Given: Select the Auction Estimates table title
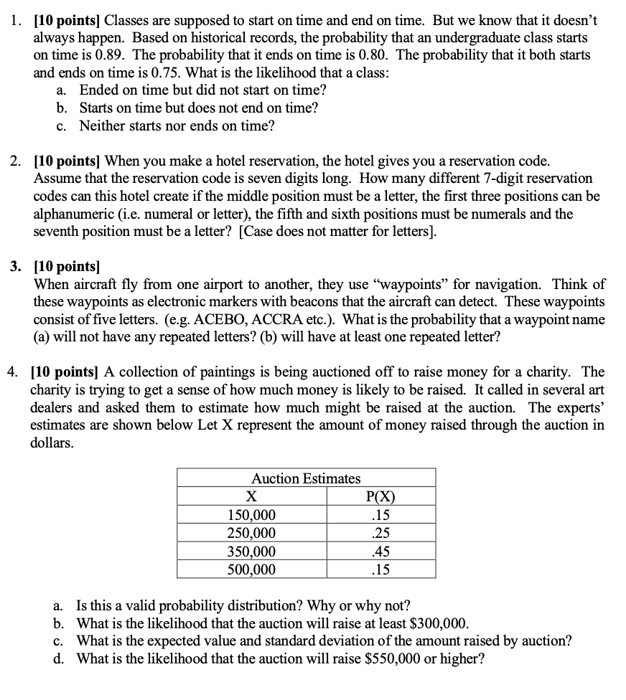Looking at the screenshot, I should coord(306,478).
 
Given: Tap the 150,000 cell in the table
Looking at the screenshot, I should coord(251,515).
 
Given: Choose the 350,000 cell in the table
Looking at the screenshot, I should coord(251,552).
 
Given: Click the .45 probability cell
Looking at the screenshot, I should coord(380,552).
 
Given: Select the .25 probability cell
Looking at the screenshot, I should coord(380,533).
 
